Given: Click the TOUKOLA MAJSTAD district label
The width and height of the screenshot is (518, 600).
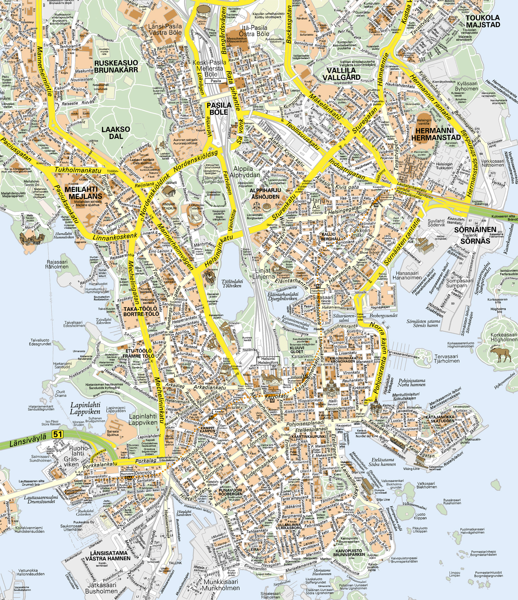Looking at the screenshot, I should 483,21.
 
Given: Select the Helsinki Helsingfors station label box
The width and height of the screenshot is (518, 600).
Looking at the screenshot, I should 268,361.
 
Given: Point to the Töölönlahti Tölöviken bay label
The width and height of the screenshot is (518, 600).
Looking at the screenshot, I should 232,283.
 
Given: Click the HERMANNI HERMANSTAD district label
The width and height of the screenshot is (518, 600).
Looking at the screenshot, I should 436,134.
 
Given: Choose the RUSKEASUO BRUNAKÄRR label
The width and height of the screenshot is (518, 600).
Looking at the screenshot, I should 116,66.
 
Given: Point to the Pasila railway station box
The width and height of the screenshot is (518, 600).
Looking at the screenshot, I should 216,81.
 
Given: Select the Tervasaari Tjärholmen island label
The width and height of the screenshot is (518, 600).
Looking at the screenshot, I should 446,358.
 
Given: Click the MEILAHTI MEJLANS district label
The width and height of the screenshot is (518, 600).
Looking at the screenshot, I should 85,193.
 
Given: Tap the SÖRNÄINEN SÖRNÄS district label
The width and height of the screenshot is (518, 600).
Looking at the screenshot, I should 475,235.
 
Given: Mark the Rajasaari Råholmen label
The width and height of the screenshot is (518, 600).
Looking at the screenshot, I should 57,264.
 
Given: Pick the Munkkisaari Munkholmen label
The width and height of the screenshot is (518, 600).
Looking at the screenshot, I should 220,584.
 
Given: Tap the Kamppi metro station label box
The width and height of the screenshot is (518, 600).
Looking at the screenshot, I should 219,412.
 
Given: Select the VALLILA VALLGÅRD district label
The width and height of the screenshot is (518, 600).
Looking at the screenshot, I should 341,74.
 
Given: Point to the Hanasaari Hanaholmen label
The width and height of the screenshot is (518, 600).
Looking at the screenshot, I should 407,275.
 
